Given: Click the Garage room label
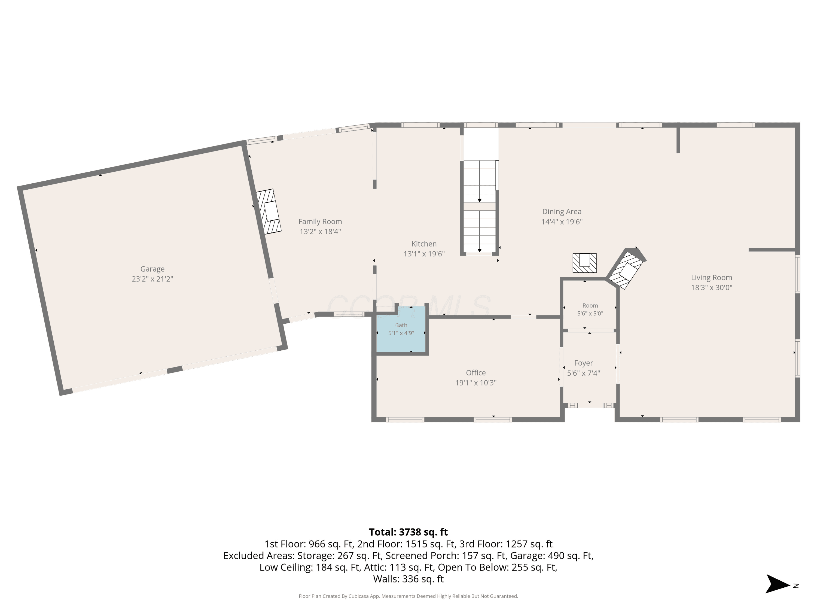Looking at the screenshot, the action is tap(152, 269).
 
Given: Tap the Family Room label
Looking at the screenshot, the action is tap(320, 222).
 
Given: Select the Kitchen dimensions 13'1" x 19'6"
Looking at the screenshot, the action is tap(424, 254).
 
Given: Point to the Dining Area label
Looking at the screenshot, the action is tap(562, 212).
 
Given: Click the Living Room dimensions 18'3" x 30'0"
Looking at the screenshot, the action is tap(711, 287).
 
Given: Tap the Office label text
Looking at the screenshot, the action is tap(476, 373).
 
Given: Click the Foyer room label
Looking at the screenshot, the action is tap(584, 363).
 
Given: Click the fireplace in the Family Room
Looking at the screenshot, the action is tap(269, 211).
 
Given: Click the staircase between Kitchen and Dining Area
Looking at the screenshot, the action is tap(479, 207).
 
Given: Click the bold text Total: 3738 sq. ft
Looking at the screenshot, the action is tap(408, 532).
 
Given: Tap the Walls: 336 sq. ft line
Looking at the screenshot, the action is tap(408, 579).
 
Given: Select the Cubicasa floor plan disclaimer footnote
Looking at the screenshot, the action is tap(408, 596).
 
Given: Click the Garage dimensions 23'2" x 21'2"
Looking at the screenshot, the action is tap(152, 279).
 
